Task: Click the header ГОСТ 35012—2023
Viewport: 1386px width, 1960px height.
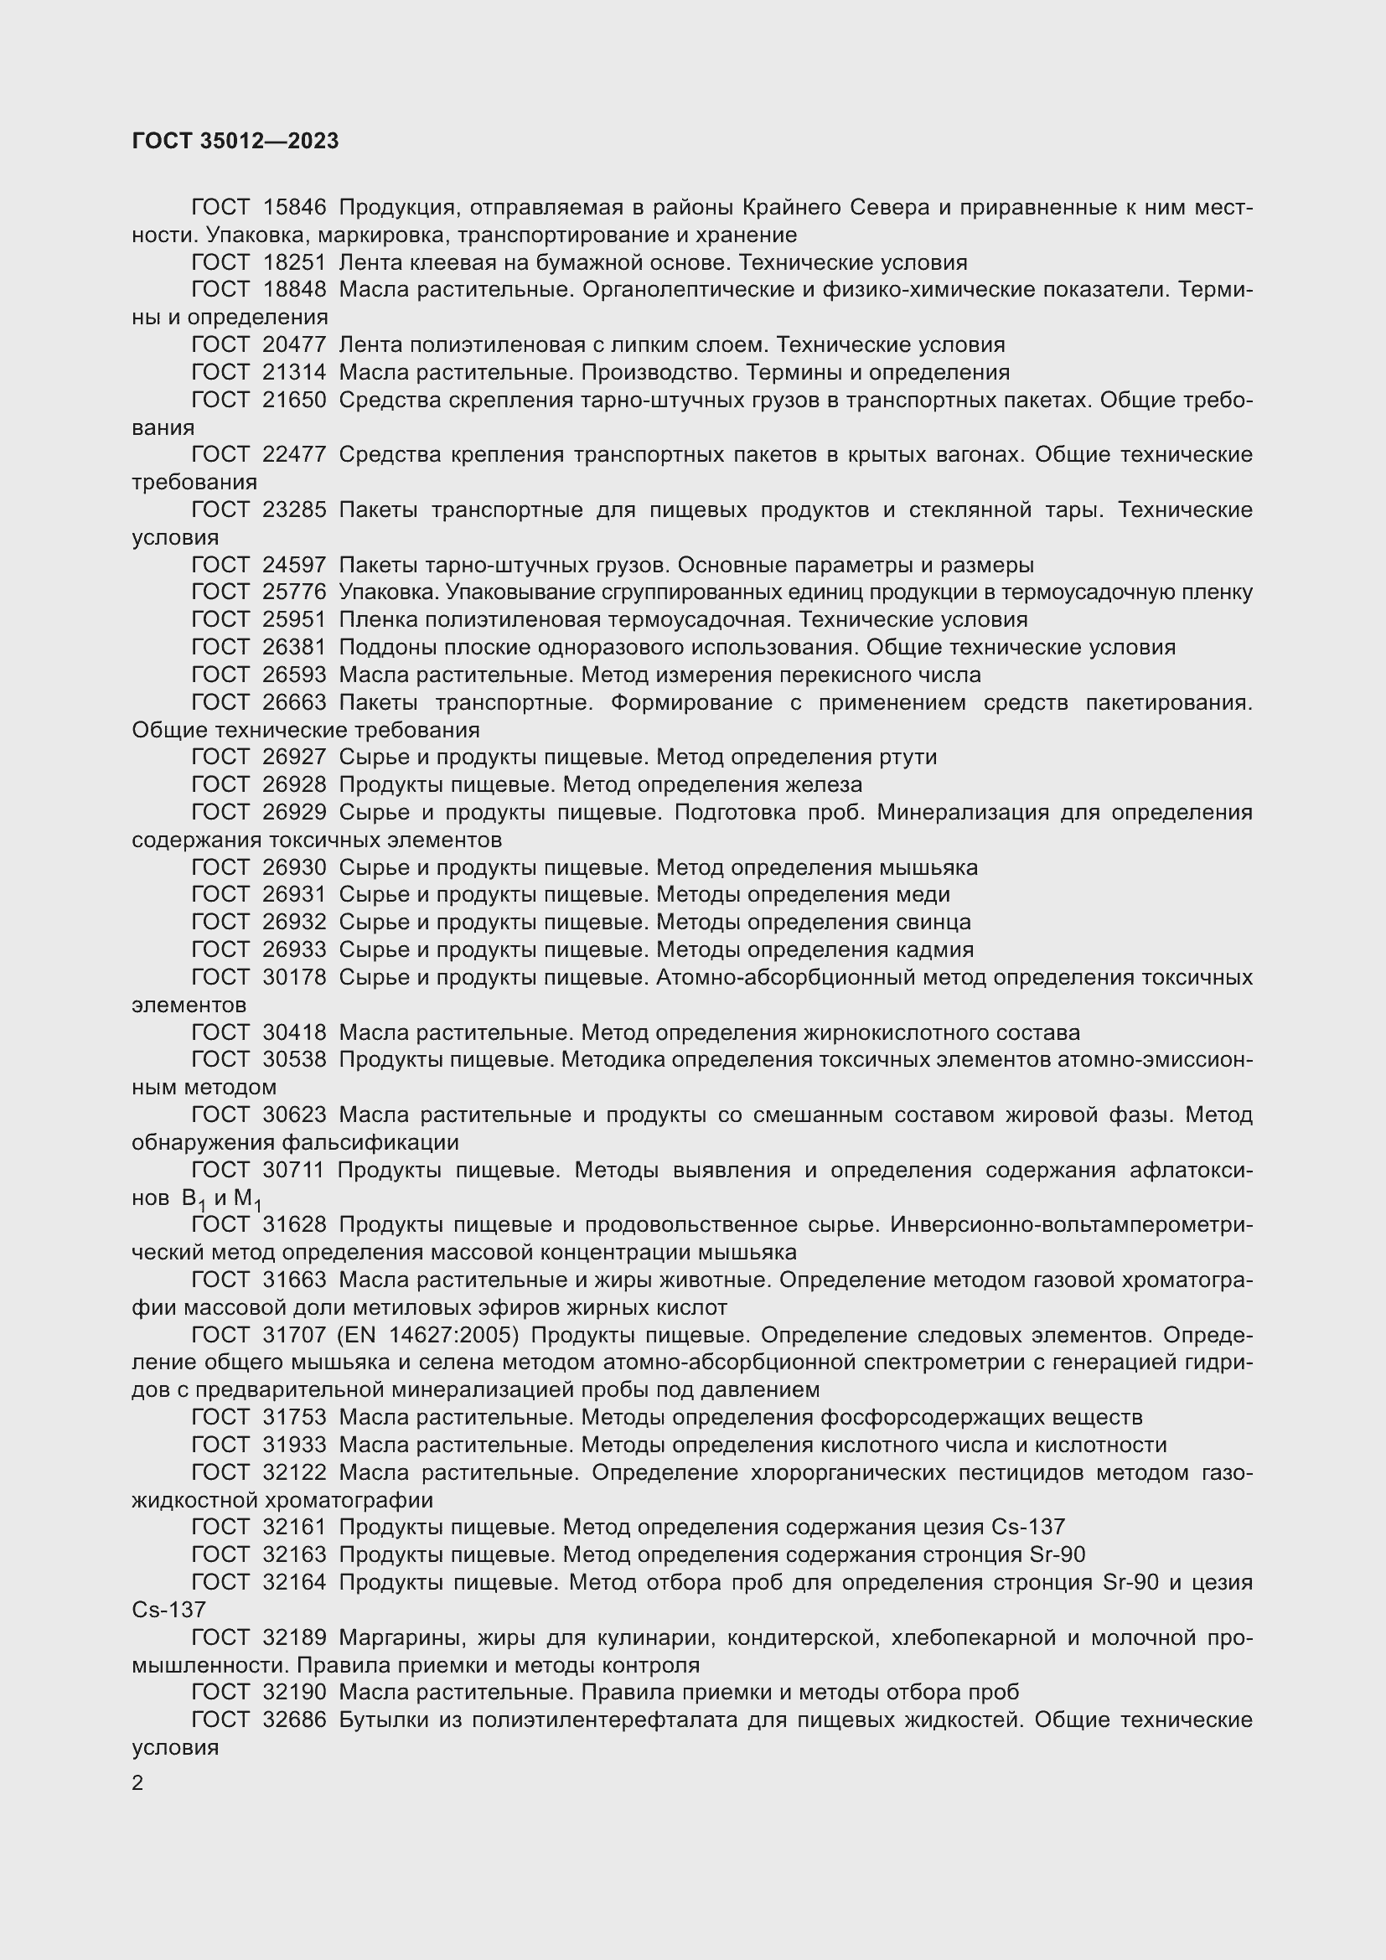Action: [235, 142]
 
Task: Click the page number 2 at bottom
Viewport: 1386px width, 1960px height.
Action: [137, 1783]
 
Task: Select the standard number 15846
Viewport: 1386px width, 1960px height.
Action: [294, 208]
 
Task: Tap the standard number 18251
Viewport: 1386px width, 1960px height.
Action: [294, 262]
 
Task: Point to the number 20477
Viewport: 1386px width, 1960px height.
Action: [294, 345]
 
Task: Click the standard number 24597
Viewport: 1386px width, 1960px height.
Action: [294, 565]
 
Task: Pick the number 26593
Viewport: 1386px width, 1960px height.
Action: [294, 675]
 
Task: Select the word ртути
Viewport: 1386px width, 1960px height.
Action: [908, 758]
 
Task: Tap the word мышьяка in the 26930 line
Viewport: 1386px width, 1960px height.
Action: [928, 867]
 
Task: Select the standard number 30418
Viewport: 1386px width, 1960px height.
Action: [294, 1033]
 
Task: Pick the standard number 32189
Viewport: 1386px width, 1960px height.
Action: [294, 1637]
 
